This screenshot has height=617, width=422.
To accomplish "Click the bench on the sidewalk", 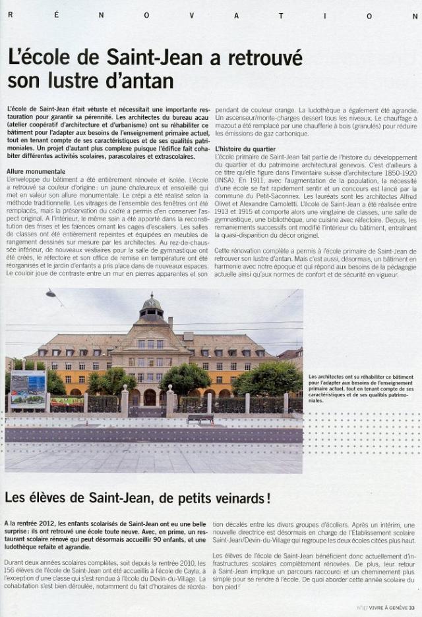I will (200, 418).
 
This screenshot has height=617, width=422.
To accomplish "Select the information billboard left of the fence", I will (28, 389).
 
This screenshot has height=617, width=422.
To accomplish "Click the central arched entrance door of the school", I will (150, 397).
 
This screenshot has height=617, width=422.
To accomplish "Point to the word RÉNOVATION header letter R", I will (10, 14).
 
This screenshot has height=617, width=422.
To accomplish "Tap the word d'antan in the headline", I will (142, 82).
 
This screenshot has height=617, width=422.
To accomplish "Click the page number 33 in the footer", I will (411, 608).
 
